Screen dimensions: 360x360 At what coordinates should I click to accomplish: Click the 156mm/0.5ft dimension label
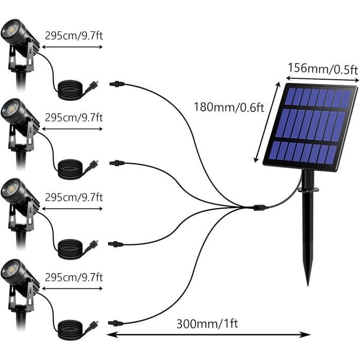click(322, 68)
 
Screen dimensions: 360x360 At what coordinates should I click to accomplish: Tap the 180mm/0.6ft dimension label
click(229, 107)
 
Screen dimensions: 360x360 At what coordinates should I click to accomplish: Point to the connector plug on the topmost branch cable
click(117, 83)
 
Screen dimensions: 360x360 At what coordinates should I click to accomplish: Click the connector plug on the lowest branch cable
click(117, 323)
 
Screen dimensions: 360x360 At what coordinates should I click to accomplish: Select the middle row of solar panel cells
click(309, 124)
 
